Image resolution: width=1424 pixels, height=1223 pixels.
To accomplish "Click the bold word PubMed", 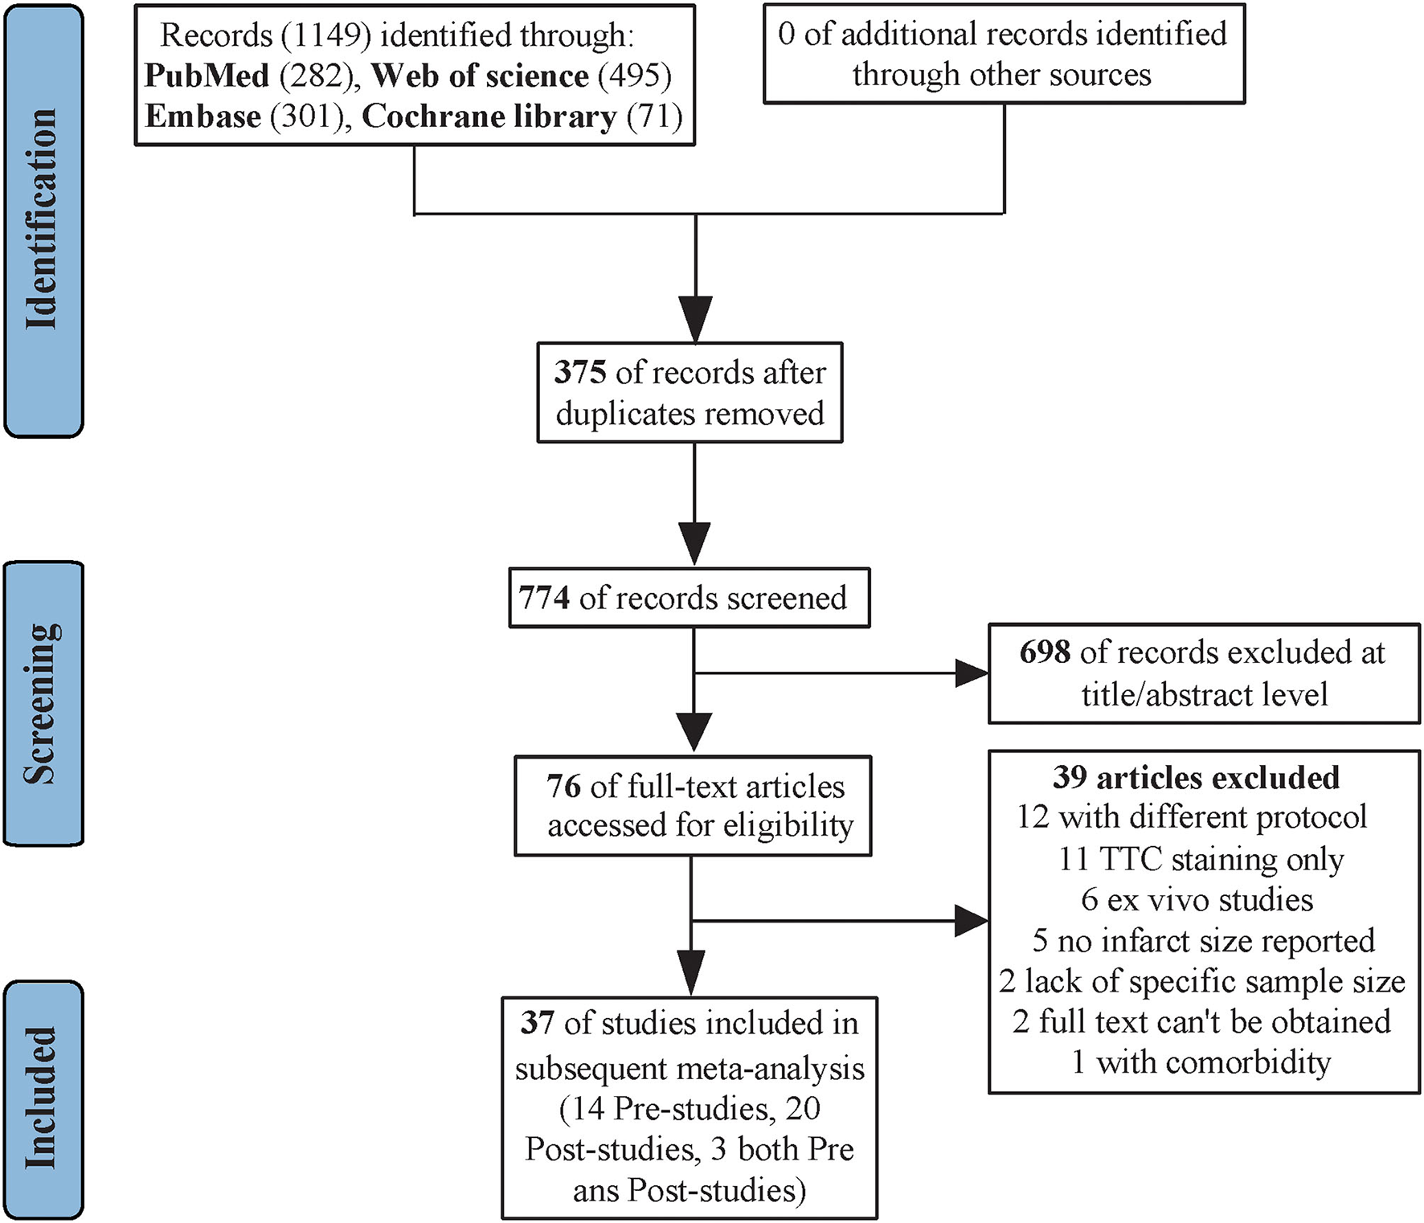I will click(x=207, y=76).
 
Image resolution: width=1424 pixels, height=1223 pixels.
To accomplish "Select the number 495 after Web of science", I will click(x=634, y=76).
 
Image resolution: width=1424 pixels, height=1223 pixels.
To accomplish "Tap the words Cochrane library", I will click(x=489, y=117).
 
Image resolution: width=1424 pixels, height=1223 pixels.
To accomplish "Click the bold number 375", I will click(x=579, y=373).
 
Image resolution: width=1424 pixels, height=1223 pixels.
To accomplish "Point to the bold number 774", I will click(x=544, y=599).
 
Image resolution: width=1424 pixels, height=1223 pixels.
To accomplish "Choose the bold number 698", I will click(x=1045, y=652).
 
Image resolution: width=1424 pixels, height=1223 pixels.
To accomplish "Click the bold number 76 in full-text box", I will click(x=563, y=786).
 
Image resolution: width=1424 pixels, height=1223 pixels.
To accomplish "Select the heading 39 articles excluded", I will click(x=1196, y=778).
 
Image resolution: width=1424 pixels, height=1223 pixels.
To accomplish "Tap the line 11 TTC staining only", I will click(x=1201, y=859).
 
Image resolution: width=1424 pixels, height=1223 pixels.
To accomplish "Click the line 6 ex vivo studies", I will click(x=1197, y=899).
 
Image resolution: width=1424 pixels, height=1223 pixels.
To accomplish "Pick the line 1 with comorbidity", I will click(x=1201, y=1062).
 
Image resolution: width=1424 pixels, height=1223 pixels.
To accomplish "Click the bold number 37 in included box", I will click(x=538, y=1023).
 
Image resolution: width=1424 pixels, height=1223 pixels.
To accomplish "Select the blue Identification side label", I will click(x=43, y=220).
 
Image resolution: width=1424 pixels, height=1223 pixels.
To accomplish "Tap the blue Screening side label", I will click(x=43, y=703).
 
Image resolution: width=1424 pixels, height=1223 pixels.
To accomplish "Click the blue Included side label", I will click(x=43, y=1098).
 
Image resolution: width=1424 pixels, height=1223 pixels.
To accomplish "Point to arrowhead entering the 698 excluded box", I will click(x=972, y=673).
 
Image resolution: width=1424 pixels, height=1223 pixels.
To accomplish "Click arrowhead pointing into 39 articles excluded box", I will click(x=972, y=920).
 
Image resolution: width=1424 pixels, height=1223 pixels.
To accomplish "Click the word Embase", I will click(x=203, y=117).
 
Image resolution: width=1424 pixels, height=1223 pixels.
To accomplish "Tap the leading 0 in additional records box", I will click(x=786, y=35).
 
